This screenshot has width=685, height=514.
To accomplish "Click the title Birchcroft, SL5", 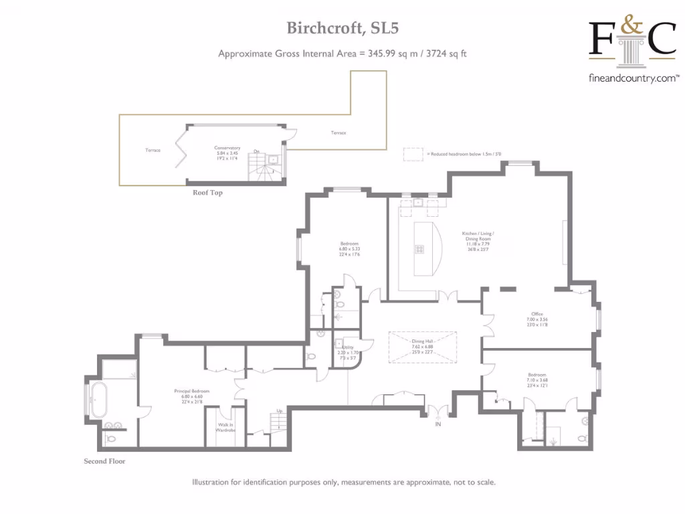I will pyautogui.click(x=343, y=27).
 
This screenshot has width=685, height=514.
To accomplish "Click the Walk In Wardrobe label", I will pyautogui.click(x=225, y=428).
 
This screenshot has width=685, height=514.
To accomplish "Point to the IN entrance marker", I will pyautogui.click(x=438, y=424).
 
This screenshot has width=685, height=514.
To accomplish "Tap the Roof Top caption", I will pyautogui.click(x=207, y=193).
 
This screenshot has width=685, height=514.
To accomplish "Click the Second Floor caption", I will pyautogui.click(x=104, y=461).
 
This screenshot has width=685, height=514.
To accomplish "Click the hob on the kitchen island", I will pyautogui.click(x=420, y=249).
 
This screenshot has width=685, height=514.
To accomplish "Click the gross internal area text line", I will pyautogui.click(x=342, y=54).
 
